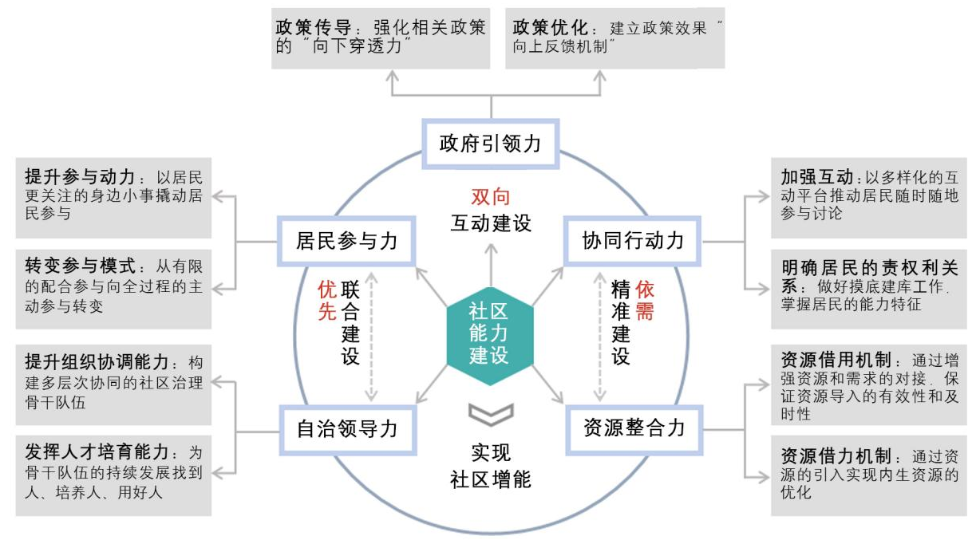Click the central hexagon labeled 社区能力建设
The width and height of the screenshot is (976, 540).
click(489, 333)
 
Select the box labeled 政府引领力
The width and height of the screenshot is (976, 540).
click(490, 144)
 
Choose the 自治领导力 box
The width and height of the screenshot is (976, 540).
click(346, 428)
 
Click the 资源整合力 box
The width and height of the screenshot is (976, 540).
click(634, 428)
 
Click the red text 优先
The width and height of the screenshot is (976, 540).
click(327, 300)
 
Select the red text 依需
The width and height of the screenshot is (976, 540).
click(645, 300)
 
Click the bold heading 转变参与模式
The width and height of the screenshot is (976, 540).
click(75, 266)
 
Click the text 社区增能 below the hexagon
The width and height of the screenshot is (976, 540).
click(490, 480)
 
